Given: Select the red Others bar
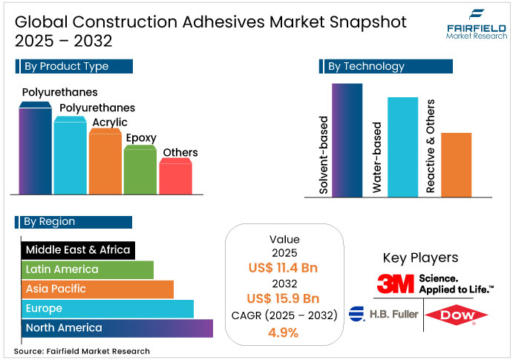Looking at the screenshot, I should (x=176, y=178).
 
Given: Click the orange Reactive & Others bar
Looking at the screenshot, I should (x=456, y=164).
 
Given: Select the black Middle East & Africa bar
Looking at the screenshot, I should (x=78, y=250).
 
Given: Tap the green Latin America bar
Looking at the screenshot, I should (x=88, y=269).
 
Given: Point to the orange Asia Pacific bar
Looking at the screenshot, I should (x=97, y=289).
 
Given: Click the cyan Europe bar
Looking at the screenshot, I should (x=108, y=308).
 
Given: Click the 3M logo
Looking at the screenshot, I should (x=394, y=284).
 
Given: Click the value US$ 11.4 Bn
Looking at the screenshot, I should (x=284, y=267).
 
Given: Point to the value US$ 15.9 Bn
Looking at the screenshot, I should (x=284, y=299).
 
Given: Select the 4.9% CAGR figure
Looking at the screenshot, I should (x=284, y=333).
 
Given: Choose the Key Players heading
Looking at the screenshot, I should (x=420, y=258).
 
